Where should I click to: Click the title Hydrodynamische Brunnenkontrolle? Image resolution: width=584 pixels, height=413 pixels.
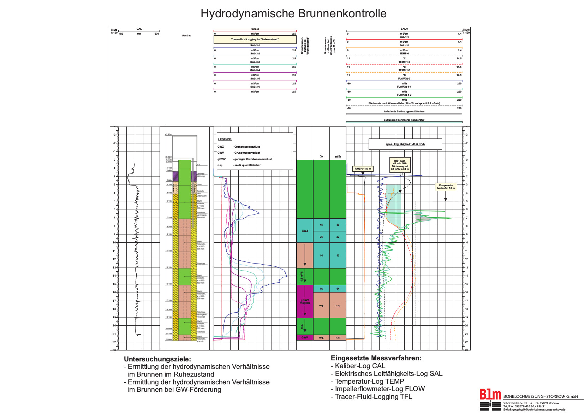(x=293, y=13)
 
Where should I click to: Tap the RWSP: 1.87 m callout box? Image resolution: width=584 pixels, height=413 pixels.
(x=363, y=169)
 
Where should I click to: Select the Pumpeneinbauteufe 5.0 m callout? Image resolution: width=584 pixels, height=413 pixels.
(x=446, y=187)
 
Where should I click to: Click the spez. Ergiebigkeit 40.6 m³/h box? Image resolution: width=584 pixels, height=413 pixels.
(x=405, y=144)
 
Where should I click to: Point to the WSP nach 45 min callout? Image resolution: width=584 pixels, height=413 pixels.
(x=400, y=165)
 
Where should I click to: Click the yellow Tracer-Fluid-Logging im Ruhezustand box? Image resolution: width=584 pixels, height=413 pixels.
(x=255, y=40)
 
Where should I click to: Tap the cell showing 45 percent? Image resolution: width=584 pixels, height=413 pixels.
(x=321, y=225)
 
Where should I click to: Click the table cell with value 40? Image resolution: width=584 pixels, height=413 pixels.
(x=338, y=225)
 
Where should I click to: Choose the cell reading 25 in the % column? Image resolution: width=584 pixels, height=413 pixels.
(x=321, y=237)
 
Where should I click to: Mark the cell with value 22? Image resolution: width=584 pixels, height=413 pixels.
(x=338, y=237)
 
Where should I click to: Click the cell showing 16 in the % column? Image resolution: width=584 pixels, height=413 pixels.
(x=321, y=289)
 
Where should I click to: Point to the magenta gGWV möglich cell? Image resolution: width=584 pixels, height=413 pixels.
(x=305, y=301)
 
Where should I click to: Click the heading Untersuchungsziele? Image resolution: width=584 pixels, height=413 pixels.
(x=157, y=359)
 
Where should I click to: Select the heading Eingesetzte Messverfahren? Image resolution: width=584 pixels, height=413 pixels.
(x=376, y=358)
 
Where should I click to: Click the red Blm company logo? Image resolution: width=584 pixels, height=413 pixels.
(x=490, y=395)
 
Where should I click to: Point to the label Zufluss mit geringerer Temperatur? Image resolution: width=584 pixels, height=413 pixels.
(x=404, y=120)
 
